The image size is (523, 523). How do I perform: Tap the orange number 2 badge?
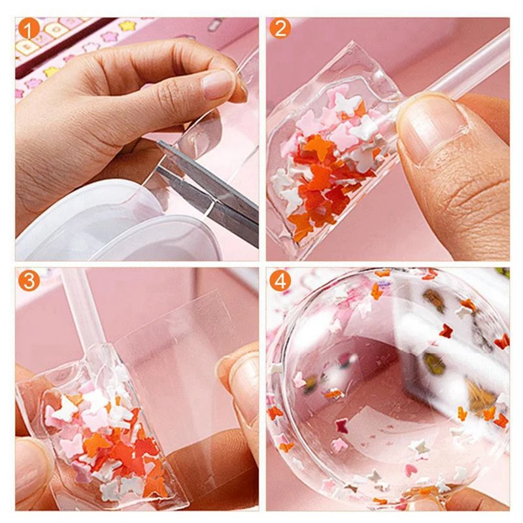coord(280,28)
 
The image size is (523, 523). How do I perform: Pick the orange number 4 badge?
coord(280,280)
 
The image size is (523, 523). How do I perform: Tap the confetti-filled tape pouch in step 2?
coord(327,157)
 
